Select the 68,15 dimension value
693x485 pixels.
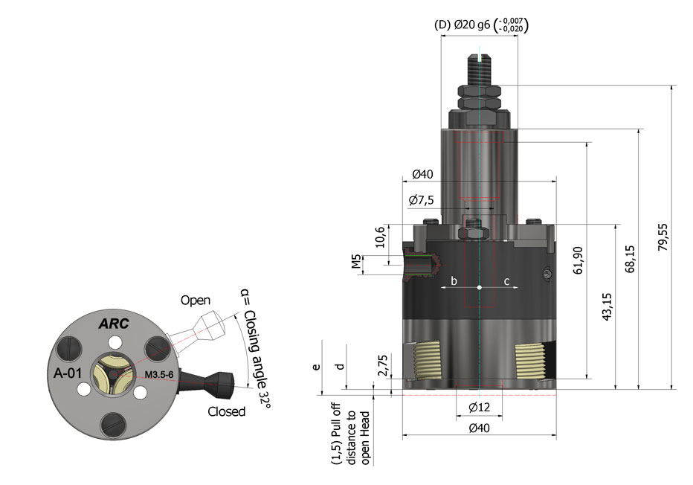pos(631,260)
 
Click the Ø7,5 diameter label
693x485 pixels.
pos(422,200)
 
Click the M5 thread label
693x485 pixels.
pos(356,263)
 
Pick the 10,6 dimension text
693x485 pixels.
pos(380,237)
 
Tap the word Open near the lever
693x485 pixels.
pos(196,301)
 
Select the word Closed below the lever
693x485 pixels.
pos(226,411)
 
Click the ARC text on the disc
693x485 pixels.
pos(115,324)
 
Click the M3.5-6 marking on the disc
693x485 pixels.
pos(159,373)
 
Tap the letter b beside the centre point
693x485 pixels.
pos(454,281)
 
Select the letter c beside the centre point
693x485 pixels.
pos(507,281)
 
